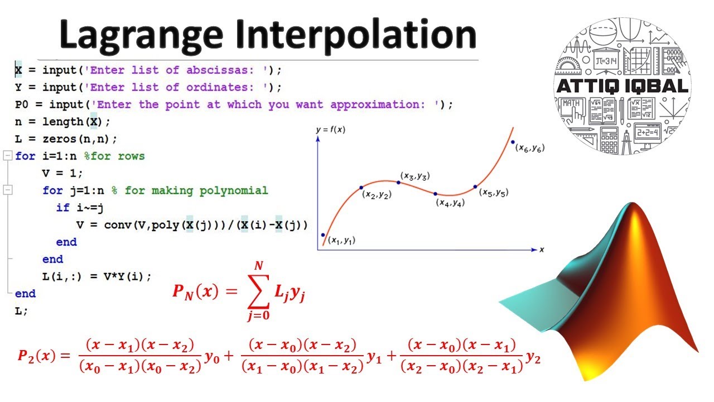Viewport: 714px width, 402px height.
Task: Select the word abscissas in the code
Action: pyautogui.click(x=220, y=70)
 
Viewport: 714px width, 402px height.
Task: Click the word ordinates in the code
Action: pyautogui.click(x=220, y=87)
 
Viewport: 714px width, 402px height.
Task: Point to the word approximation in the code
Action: pyautogui.click(x=378, y=104)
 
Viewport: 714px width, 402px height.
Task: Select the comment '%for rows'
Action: pyautogui.click(x=114, y=156)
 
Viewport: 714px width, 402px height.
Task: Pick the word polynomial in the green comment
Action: pyautogui.click(x=234, y=190)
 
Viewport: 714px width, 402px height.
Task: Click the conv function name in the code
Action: pyautogui.click(x=118, y=225)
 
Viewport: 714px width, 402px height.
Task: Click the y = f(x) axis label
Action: pyautogui.click(x=331, y=130)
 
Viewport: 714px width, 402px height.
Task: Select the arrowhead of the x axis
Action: pyautogui.click(x=534, y=250)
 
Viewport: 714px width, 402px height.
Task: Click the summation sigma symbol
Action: pyautogui.click(x=258, y=291)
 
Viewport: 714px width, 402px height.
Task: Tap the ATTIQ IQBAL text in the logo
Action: pyautogui.click(x=622, y=86)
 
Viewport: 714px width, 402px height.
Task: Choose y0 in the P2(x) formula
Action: pyautogui.click(x=212, y=357)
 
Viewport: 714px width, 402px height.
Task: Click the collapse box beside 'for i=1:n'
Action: pyautogui.click(x=8, y=156)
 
